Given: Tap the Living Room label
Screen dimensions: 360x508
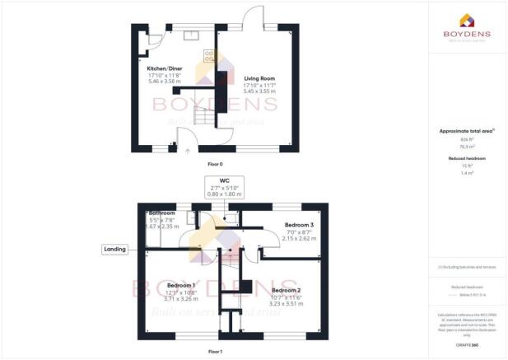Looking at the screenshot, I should click(x=259, y=77).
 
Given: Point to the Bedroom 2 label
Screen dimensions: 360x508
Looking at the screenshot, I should click(x=287, y=291).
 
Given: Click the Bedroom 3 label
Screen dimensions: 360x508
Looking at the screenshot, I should click(x=300, y=224).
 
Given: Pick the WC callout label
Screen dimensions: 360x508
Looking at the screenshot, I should click(x=224, y=180).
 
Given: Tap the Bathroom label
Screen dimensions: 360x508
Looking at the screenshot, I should click(x=161, y=213).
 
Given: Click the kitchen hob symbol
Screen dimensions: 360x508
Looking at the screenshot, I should click(x=208, y=57).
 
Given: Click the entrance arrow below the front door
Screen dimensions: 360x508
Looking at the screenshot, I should click(x=188, y=151).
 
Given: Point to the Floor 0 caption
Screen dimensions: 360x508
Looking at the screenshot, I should click(x=214, y=164).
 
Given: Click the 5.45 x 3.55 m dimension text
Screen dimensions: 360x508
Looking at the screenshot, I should click(x=259, y=91).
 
